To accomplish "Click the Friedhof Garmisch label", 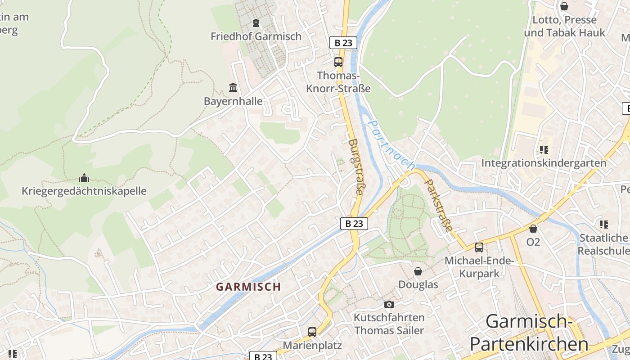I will click(x=256, y=36).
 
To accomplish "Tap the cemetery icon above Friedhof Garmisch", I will click(x=256, y=22).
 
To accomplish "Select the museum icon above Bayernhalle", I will click(x=233, y=87).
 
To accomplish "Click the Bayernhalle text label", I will click(x=233, y=101).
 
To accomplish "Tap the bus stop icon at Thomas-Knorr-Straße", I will click(x=338, y=62).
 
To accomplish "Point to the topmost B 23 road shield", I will click(x=343, y=43).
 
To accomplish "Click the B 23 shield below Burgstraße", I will click(x=354, y=223).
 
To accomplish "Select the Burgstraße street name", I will click(x=355, y=166).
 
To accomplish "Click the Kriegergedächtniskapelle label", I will click(x=84, y=191).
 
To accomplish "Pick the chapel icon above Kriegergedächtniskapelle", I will click(x=84, y=177).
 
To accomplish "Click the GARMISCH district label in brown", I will click(x=248, y=287).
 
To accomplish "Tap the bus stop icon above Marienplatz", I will click(x=312, y=332).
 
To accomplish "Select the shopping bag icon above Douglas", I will click(x=418, y=271).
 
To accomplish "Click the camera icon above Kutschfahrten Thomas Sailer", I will click(x=389, y=304).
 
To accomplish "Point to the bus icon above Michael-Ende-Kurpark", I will click(x=479, y=247).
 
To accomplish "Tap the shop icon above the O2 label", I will click(x=533, y=229).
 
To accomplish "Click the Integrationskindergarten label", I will click(x=544, y=163).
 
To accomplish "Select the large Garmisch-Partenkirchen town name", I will click(x=529, y=333).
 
